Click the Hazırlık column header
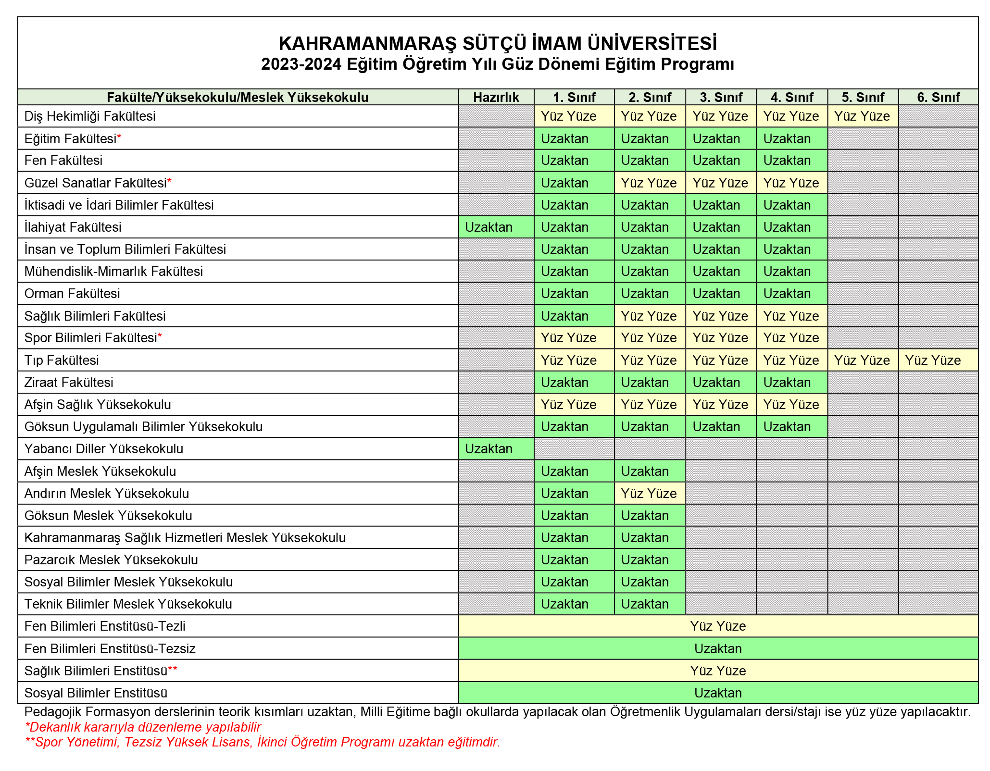coord(496,97)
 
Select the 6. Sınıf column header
coord(938,97)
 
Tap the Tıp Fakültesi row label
coord(62,360)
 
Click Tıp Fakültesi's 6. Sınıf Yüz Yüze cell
coord(938,360)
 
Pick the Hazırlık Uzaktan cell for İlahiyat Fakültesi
coord(496,227)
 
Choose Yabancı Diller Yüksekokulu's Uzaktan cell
coord(496,448)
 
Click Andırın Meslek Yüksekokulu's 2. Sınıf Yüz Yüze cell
coord(649,493)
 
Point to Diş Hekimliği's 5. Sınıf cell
coord(863,116)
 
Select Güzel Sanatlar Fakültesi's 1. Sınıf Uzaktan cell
coord(574,183)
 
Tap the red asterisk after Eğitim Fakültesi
coord(119,138)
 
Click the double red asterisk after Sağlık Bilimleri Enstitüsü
coord(173,670)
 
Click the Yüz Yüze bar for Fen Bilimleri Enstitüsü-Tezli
coord(718,626)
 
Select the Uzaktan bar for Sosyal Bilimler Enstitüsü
coord(718,693)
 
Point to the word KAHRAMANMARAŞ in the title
coord(368,44)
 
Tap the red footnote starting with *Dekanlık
coord(143,727)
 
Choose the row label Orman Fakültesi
coord(72,293)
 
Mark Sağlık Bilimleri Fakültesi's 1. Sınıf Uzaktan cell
coord(574,316)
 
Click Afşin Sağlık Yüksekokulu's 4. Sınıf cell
coord(791,404)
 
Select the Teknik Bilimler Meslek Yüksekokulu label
coord(128,604)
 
